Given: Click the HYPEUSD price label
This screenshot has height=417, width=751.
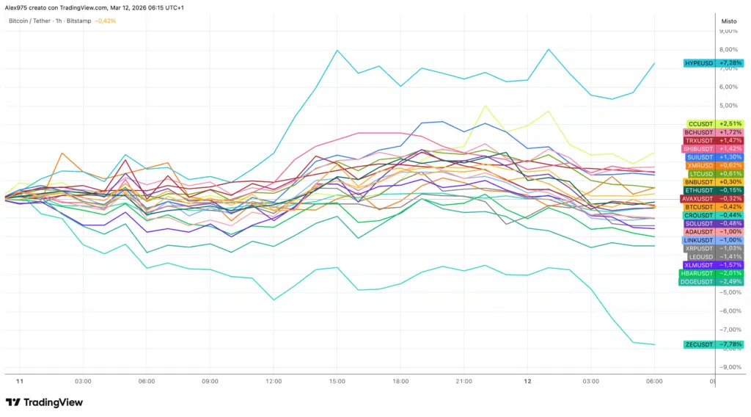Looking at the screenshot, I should click(699, 63).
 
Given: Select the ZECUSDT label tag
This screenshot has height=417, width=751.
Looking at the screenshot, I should click(698, 344).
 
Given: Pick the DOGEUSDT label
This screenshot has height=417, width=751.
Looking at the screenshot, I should click(697, 281).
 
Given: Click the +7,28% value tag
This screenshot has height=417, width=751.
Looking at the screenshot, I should click(730, 63).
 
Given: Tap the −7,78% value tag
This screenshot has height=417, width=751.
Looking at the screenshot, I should click(730, 344).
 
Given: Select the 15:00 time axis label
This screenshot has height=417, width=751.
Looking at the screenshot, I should click(337, 382).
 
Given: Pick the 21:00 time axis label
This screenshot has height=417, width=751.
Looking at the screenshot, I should click(464, 382).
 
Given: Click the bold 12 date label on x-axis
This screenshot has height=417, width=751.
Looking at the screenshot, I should click(527, 382).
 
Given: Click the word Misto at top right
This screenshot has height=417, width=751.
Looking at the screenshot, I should click(729, 21).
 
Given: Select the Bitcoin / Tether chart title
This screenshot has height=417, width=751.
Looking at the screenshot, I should click(30, 21).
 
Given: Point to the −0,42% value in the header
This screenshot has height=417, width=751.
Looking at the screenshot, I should click(106, 21).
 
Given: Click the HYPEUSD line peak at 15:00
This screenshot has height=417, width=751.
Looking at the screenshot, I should click(337, 51).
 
